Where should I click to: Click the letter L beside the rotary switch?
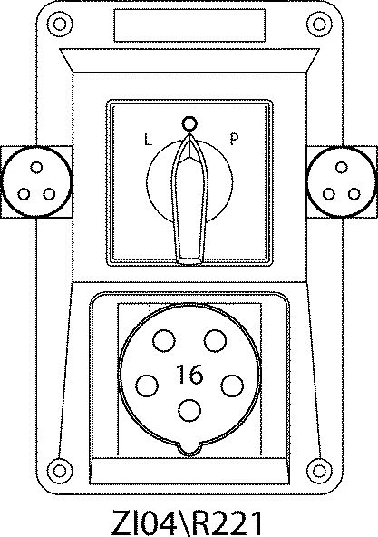pos(148,140)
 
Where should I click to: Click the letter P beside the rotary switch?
pos(234,139)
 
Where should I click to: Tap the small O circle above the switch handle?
pos(189,123)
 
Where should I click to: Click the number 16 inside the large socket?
pos(189,374)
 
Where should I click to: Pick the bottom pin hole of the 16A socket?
pos(189,410)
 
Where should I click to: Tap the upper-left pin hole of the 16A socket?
pos(164,341)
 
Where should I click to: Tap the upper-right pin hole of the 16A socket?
pos(215,341)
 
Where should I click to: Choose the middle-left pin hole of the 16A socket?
pos(147,386)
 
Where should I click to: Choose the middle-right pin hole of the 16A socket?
pos(232,386)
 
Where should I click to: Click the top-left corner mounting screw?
pos(60,24)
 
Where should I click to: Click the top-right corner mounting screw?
pos(319,24)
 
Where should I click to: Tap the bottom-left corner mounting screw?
pos(60,471)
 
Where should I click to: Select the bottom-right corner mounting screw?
pos(319,471)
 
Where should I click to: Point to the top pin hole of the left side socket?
pos(36,168)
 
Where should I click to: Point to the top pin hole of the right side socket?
pos(342,168)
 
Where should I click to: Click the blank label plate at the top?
pos(189,25)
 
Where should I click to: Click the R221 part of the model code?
pos(225,522)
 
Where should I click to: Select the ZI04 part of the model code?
pos(144,522)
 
